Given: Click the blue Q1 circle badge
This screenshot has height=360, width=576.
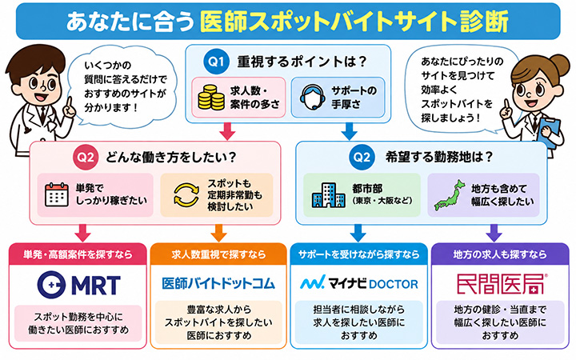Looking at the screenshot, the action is (216, 62).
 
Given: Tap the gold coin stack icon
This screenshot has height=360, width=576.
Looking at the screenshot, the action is (211, 98).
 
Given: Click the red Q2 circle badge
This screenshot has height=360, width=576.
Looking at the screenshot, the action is (86, 158).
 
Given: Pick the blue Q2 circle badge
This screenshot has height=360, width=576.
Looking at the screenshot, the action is (362, 158).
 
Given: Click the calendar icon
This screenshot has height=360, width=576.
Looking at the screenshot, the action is (57, 194).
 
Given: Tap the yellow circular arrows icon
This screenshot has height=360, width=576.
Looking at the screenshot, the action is (186, 194).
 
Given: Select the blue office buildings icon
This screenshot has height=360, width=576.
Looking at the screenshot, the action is (329, 195).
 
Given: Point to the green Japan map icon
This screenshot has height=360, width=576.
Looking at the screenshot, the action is (450, 195).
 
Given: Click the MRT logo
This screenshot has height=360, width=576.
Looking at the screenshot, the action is (79, 285).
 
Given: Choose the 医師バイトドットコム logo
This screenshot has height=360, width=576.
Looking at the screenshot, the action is (218, 283).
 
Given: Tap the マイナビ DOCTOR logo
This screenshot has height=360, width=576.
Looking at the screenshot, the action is (359, 282).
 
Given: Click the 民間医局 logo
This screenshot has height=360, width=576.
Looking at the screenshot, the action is (501, 284).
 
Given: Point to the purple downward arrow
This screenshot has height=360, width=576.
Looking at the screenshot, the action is (494, 233).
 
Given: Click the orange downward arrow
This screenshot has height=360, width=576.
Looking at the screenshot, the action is (218, 233).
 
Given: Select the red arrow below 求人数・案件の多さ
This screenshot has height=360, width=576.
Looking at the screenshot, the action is (227, 131).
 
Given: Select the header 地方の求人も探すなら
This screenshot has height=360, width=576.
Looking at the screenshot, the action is (500, 254).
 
